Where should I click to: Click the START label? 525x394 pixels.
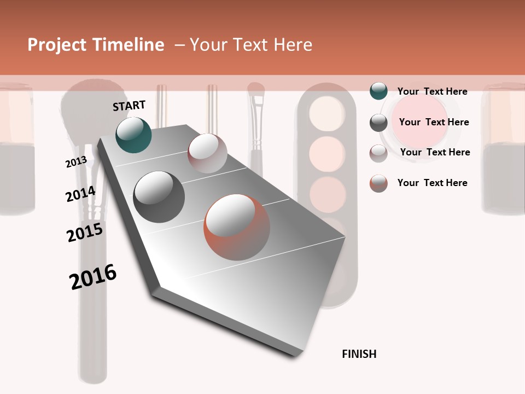[x=129, y=106]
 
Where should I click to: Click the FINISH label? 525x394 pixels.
[x=359, y=354]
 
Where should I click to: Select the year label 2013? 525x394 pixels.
[x=76, y=162]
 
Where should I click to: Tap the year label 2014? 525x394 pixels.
[x=80, y=194]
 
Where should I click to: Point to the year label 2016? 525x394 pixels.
[x=93, y=277]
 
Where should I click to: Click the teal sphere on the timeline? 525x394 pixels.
[x=133, y=135]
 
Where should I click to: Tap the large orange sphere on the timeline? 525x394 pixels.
[x=237, y=227]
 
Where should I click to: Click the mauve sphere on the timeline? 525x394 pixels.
[x=207, y=153]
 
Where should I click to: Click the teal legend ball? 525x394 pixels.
[x=378, y=91]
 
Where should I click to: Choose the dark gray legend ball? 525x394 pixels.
[x=378, y=123]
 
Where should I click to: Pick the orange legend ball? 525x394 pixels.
[x=378, y=183]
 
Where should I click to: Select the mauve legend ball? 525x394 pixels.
[x=378, y=153]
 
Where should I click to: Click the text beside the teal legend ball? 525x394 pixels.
[x=432, y=91]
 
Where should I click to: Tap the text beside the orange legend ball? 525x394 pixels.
[x=432, y=183]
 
